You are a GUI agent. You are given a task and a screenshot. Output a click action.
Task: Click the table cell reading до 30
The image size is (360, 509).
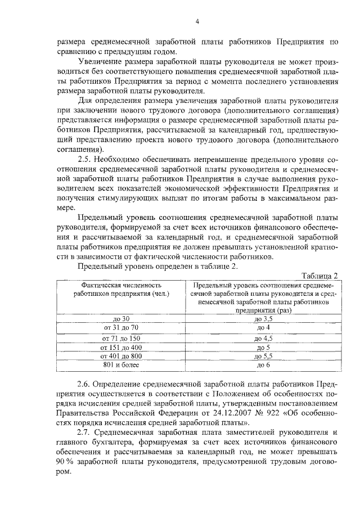click(x=121, y=318)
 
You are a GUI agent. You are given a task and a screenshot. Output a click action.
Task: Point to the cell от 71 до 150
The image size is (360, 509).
click(x=121, y=339)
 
